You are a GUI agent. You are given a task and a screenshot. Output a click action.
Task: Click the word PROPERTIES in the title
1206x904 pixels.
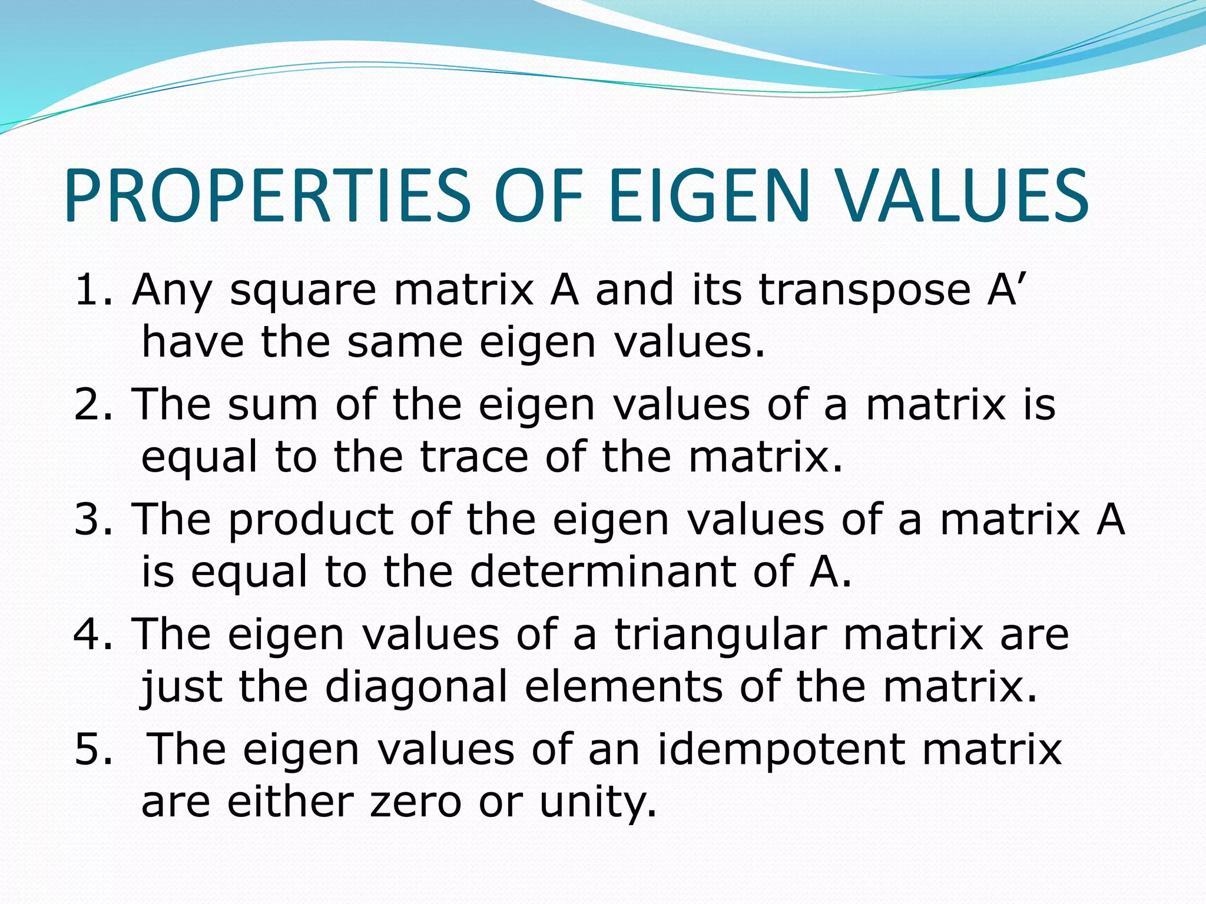[x=268, y=195]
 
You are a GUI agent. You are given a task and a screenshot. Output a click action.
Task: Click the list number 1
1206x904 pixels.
[x=93, y=290]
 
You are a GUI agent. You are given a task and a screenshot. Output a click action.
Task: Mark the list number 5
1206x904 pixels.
[x=93, y=749]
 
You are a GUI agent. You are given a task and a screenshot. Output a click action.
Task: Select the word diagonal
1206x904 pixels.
[x=416, y=687]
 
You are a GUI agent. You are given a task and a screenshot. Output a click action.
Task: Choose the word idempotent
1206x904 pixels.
[x=781, y=750]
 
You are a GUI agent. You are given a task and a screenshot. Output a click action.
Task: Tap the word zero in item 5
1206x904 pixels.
[x=415, y=802]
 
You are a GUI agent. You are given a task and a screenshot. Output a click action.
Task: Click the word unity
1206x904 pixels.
[x=597, y=802]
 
